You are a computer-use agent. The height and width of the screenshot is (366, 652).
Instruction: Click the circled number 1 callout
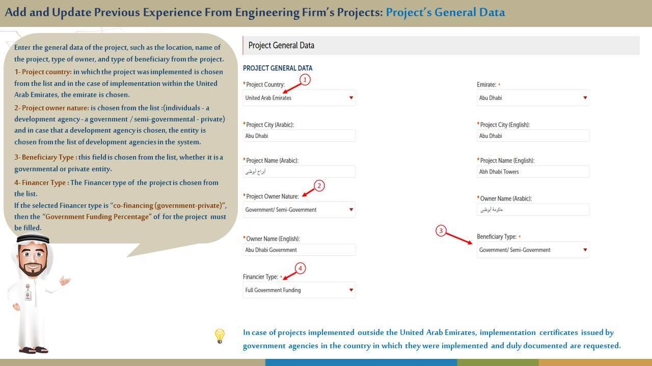click(x=305, y=79)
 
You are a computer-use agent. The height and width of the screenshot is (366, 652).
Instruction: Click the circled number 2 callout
click(x=319, y=186)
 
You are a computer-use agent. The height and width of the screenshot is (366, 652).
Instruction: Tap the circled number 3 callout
click(x=441, y=231)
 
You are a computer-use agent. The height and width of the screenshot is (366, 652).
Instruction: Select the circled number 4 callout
click(x=300, y=268)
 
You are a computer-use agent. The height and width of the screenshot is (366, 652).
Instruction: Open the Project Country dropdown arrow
click(x=351, y=98)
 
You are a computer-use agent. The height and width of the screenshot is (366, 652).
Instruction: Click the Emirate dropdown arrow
click(x=585, y=98)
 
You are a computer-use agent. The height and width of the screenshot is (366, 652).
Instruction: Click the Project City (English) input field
click(x=533, y=136)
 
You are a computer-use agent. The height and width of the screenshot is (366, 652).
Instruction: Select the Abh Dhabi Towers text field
click(x=533, y=172)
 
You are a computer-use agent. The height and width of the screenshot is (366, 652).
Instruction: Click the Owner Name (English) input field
click(x=299, y=250)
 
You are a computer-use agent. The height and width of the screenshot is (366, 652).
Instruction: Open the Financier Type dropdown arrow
click(x=351, y=290)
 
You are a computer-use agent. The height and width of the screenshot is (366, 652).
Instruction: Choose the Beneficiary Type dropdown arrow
click(x=585, y=250)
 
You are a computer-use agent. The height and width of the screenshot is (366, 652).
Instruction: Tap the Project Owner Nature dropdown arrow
click(x=351, y=209)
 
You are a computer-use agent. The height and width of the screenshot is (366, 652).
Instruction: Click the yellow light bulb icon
click(x=220, y=335)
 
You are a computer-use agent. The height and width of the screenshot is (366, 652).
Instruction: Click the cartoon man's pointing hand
click(x=64, y=280)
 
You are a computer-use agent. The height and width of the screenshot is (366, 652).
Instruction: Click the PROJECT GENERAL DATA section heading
click(x=278, y=68)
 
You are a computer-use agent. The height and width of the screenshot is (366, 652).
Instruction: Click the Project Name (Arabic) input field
click(x=299, y=172)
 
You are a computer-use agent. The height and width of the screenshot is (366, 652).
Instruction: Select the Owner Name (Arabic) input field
click(x=533, y=209)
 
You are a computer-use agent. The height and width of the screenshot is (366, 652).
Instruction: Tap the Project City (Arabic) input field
click(x=299, y=136)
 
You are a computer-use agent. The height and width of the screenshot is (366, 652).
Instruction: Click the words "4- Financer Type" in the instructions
click(x=41, y=182)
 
